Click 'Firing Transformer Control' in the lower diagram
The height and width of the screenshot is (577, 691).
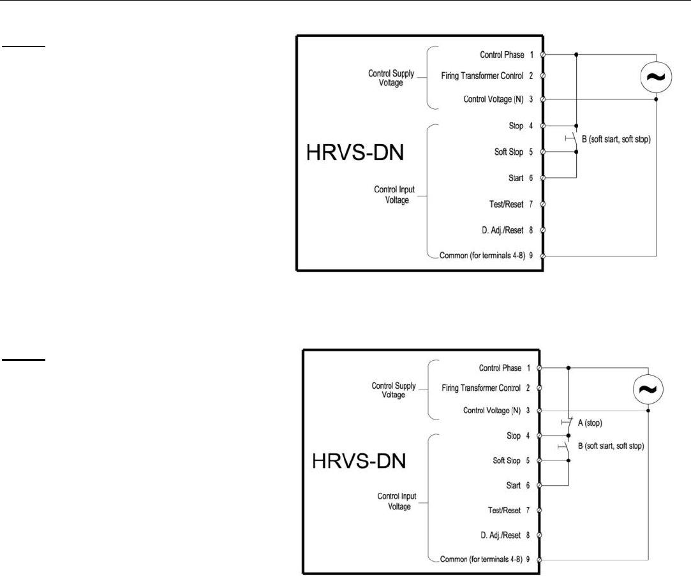pyautogui.click(x=482, y=388)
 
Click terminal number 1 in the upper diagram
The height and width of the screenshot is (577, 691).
pyautogui.click(x=531, y=55)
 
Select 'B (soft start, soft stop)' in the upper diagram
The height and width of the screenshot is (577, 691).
pyautogui.click(x=613, y=139)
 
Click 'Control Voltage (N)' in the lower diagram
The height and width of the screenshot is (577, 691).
pyautogui.click(x=493, y=411)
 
